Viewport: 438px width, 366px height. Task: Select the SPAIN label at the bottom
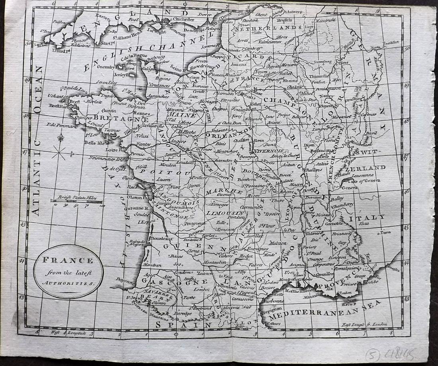(184, 325)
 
